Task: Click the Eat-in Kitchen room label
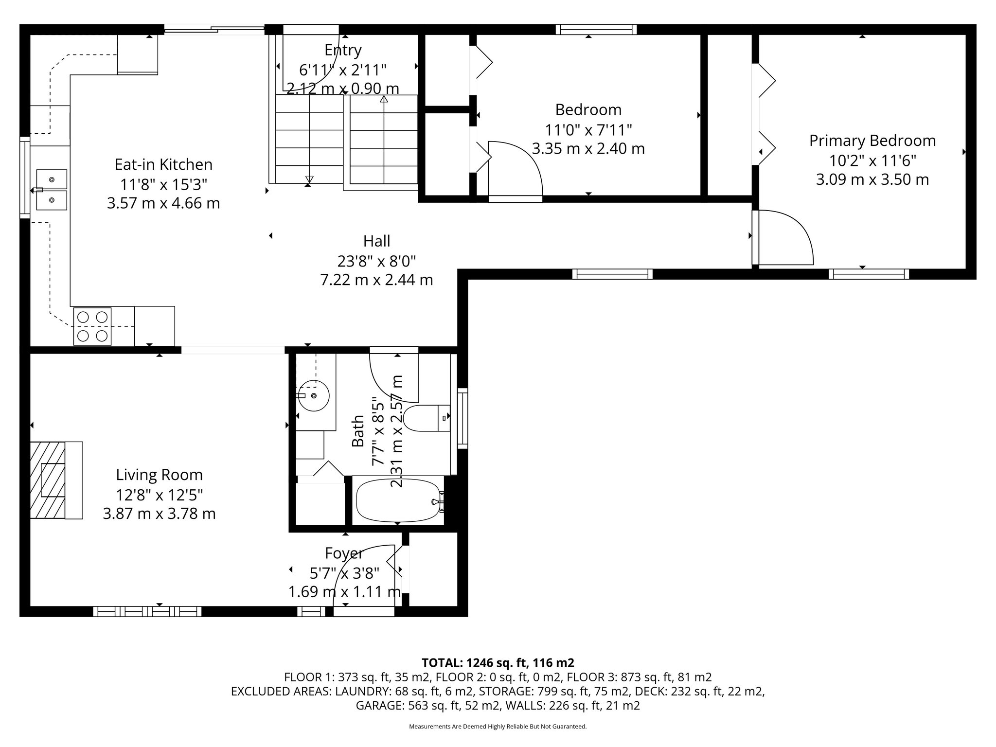[x=163, y=164]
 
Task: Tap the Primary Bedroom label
[x=872, y=141]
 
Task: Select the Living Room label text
[x=159, y=475]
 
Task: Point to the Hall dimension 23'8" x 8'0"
[x=377, y=262]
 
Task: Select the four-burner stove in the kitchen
[x=92, y=326]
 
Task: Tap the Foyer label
[x=344, y=553]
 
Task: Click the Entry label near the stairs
[x=343, y=50]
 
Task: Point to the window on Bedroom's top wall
[x=597, y=30]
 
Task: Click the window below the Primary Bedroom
[x=869, y=274]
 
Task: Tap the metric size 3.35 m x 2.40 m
[x=588, y=148]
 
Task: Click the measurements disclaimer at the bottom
[x=498, y=727]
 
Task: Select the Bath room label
[x=358, y=431]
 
